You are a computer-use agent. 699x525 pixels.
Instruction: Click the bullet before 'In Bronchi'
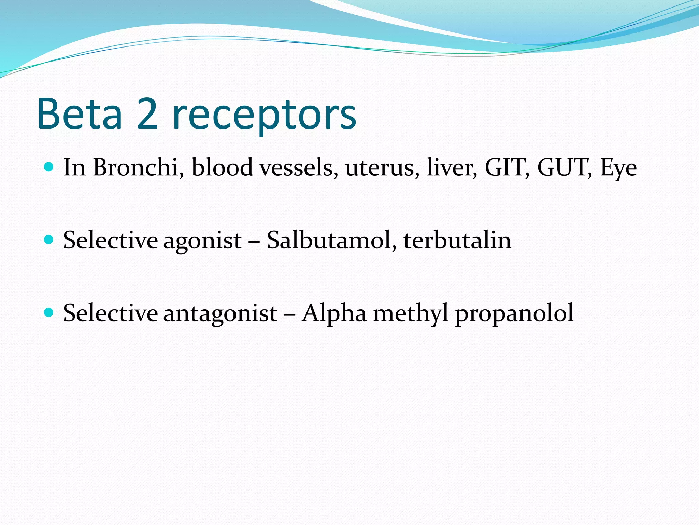coord(49,167)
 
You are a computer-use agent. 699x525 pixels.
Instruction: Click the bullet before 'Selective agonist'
coord(49,240)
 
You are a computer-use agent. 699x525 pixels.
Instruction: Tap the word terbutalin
coord(457,240)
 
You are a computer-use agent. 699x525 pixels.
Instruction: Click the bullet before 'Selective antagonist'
coord(49,313)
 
